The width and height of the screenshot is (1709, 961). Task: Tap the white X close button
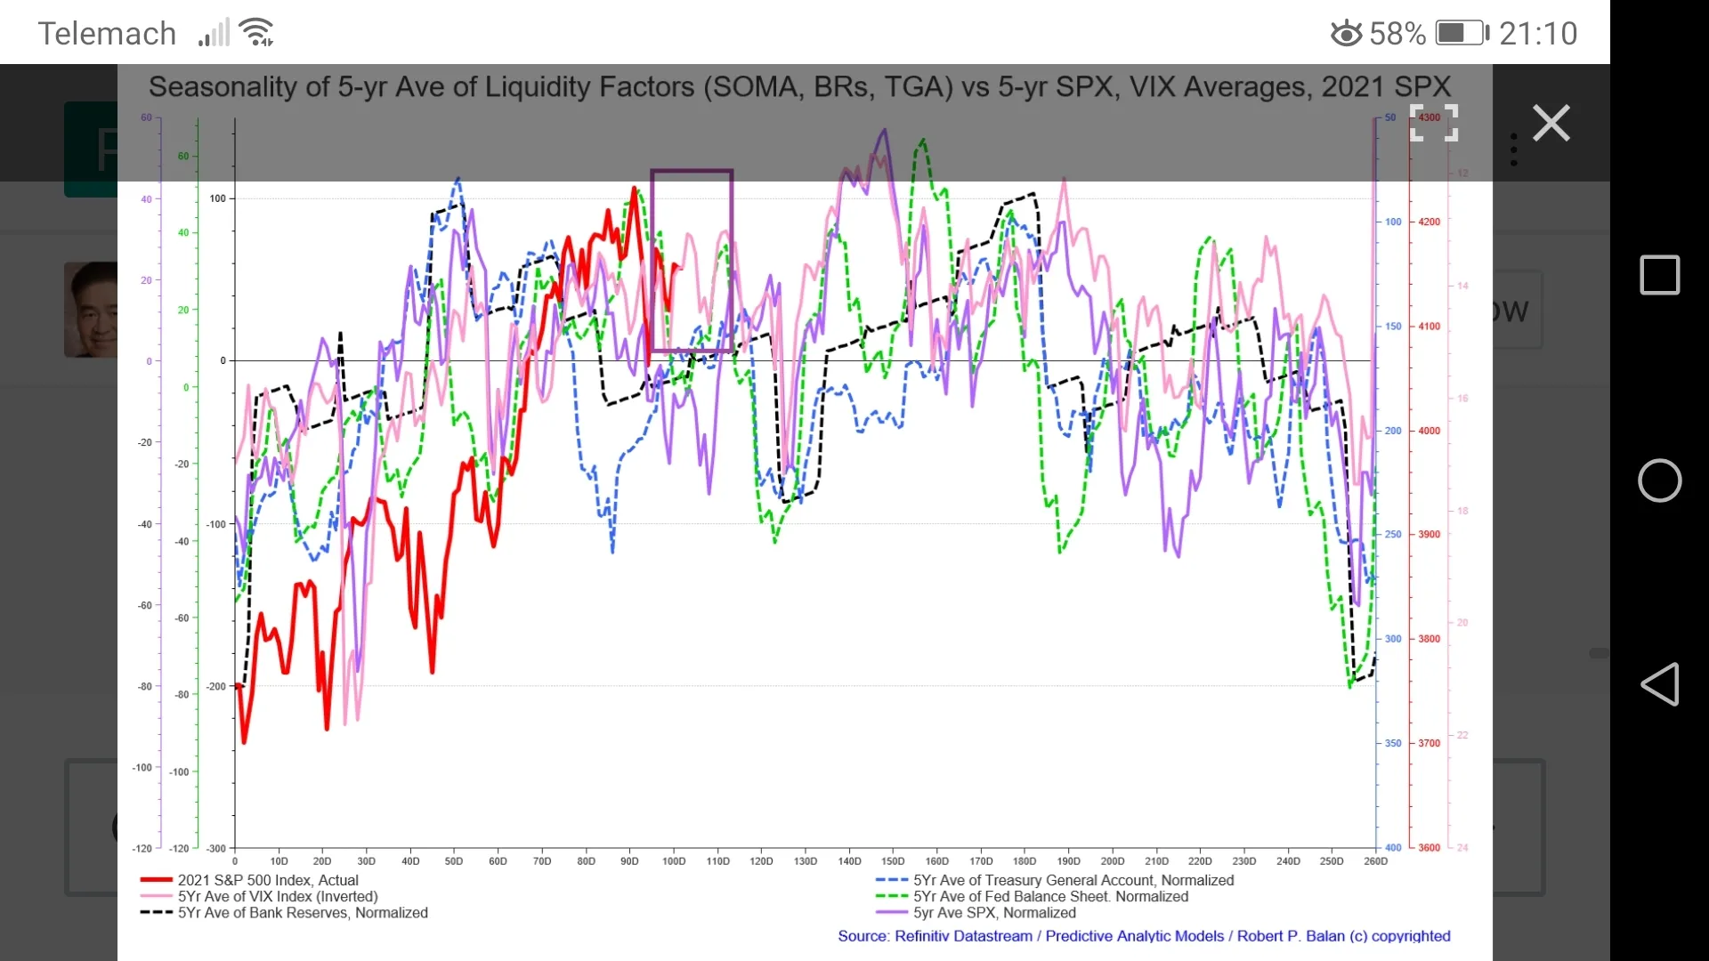coord(1551,123)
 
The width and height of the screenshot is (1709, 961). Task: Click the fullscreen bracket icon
coord(1434,123)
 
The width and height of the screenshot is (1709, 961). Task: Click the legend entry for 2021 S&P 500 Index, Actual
coord(267,880)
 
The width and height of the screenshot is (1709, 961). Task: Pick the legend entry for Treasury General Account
coord(1073,880)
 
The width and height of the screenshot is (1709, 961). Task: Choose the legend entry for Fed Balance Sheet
coord(1049,897)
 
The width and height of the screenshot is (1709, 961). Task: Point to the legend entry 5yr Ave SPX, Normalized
coord(993,913)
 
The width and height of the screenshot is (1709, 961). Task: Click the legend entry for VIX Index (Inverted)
coord(277,897)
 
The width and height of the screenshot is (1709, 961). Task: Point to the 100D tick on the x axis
coord(674,860)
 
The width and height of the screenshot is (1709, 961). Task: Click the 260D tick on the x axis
coord(1375,860)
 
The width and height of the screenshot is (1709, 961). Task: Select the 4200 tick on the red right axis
coord(1429,222)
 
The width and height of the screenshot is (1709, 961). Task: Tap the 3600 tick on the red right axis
coord(1429,848)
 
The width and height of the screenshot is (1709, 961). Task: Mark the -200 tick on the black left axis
coord(216,686)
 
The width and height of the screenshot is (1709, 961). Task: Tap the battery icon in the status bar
coord(1462,34)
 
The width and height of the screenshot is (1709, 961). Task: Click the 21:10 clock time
coord(1538,34)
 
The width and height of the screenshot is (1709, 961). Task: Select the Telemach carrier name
coord(107,34)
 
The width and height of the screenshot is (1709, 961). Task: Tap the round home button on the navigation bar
coord(1659,480)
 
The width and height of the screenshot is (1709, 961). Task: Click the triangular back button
coord(1659,684)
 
